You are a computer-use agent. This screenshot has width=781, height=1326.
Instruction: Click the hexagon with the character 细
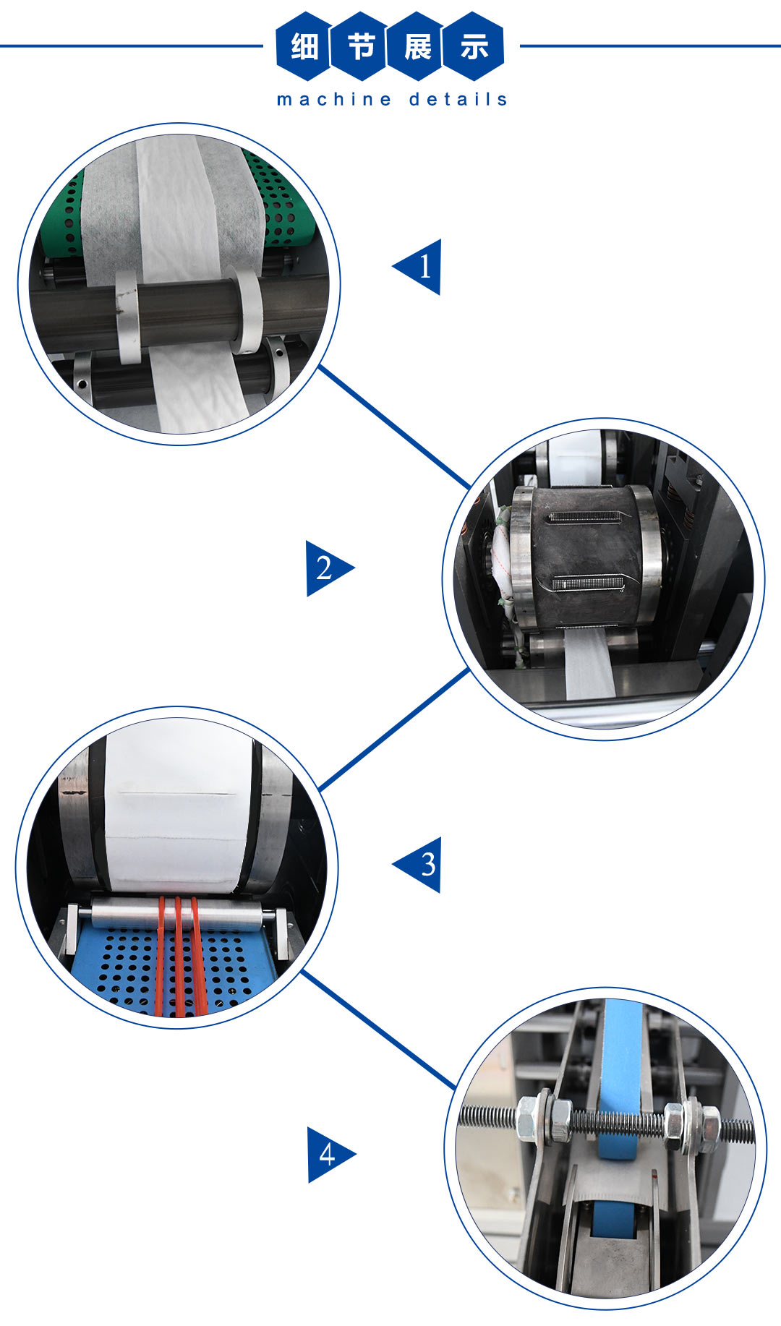[x=304, y=46]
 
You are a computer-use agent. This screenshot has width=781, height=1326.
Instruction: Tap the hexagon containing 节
[x=360, y=46]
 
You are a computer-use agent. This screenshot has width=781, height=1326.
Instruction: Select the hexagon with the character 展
[x=417, y=46]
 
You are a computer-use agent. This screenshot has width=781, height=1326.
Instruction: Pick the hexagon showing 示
[x=474, y=46]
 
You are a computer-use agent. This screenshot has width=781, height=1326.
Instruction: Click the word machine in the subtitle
[x=334, y=99]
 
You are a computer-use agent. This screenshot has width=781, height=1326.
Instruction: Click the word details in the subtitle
[x=458, y=99]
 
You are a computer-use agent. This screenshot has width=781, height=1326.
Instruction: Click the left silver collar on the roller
[x=128, y=316]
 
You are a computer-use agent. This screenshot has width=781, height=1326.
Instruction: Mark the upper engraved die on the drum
[x=585, y=517]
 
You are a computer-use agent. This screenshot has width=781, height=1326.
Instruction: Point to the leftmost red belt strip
[x=160, y=954]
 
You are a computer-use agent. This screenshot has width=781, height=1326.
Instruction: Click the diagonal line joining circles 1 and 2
[x=394, y=427]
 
